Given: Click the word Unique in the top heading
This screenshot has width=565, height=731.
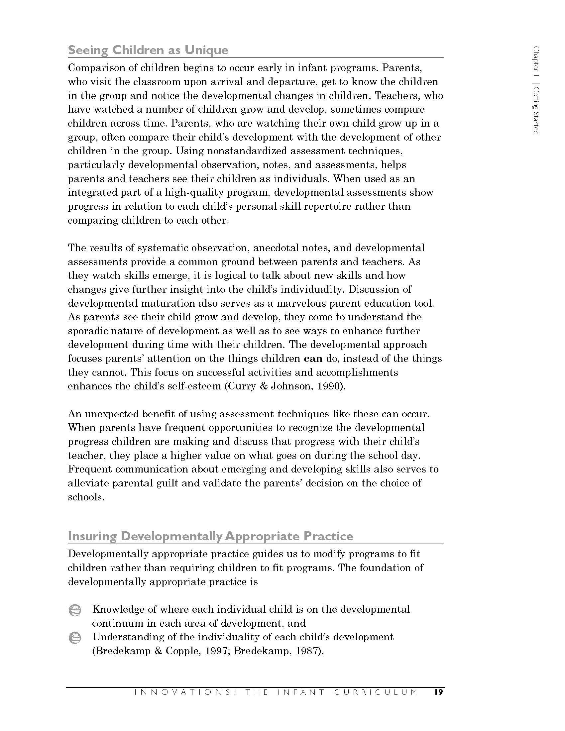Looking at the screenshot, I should coord(206,50).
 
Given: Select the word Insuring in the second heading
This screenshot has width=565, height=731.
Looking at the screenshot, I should coord(92,536).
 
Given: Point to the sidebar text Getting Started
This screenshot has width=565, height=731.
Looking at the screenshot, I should coord(536,111).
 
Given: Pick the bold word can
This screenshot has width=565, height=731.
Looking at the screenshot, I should coord(313,359).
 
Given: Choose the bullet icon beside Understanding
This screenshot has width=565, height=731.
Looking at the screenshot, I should coord(75,638).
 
